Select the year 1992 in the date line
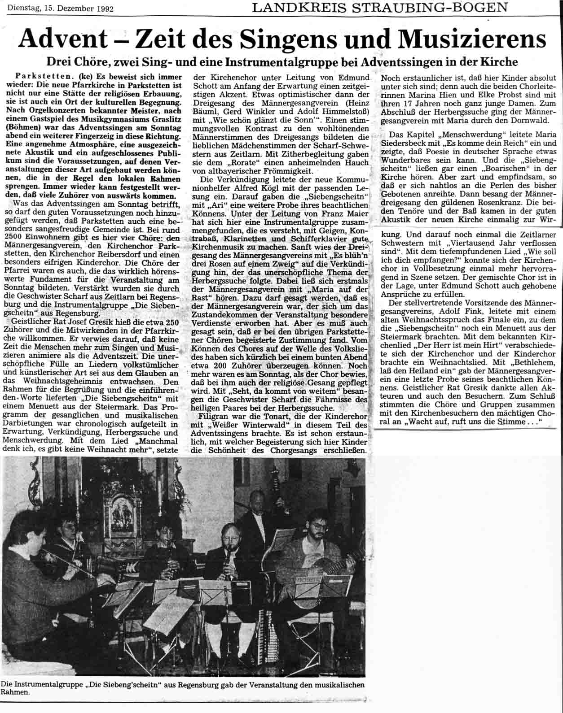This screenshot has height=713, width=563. pyautogui.click(x=104, y=9)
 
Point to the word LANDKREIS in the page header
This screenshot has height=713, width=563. pyautogui.click(x=292, y=7)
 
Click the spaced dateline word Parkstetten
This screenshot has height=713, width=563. pyautogui.click(x=40, y=77)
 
